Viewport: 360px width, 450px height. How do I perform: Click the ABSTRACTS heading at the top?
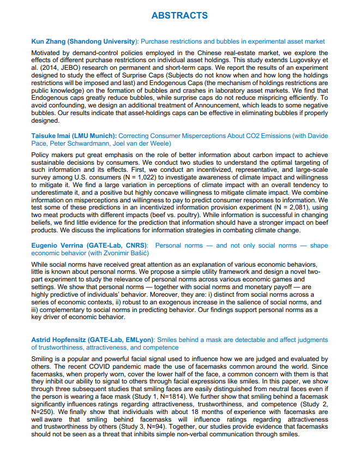[x=179, y=15]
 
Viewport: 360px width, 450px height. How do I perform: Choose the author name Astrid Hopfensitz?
[x=63, y=340]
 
